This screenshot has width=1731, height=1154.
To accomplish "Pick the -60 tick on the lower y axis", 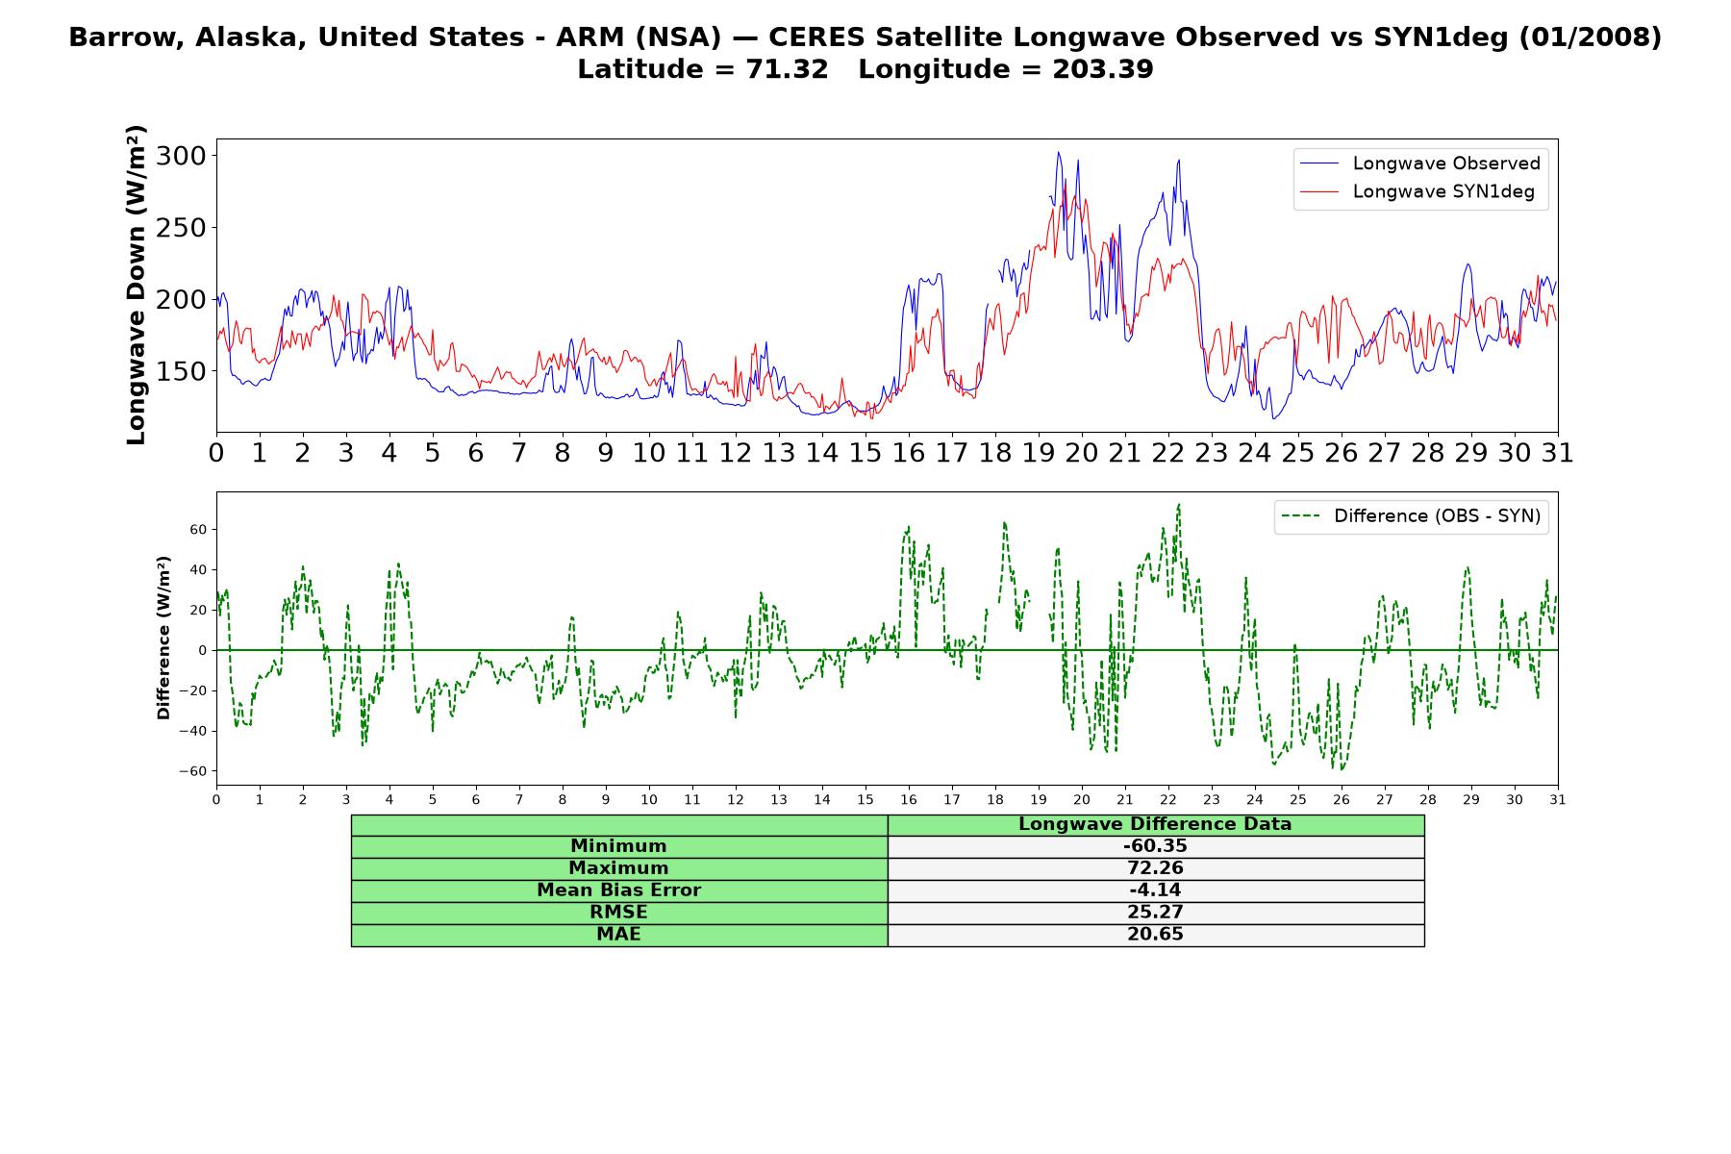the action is (x=194, y=771).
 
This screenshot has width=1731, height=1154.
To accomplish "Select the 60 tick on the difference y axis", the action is (x=199, y=530).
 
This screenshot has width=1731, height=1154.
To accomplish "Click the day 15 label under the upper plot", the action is (x=865, y=453).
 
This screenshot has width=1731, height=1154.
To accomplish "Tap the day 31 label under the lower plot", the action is (x=1558, y=800).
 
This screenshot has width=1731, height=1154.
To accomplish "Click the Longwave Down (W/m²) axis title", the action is (x=136, y=285).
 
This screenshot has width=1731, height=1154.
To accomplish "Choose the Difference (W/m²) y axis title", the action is (x=163, y=638).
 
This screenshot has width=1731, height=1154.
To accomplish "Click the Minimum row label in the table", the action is (x=618, y=846).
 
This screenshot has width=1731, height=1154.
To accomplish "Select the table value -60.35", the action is (x=1155, y=846).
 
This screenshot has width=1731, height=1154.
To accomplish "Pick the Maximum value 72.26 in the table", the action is (x=1155, y=868).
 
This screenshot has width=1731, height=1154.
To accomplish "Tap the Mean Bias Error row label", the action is (x=618, y=891).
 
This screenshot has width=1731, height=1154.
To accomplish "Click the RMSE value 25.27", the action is (x=1155, y=913).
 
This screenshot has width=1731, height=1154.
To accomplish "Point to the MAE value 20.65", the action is (x=1155, y=935).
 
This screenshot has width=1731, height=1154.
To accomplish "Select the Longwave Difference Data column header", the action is (x=1155, y=824).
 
